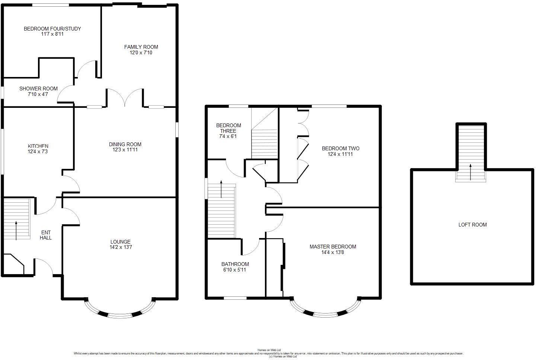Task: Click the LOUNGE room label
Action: point(120,242)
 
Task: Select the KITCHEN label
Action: point(38,146)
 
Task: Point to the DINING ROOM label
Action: point(125,144)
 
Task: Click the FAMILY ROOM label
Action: point(141,47)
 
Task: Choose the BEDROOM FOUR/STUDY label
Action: point(52,29)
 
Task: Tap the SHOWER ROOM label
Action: point(38,89)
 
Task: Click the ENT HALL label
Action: point(46,235)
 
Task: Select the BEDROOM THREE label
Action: point(229,128)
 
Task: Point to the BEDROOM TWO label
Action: point(340,148)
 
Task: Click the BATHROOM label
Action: point(235,264)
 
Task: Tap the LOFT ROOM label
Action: point(472,225)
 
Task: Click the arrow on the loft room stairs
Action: point(470,172)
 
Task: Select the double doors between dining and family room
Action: point(125,97)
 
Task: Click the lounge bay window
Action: point(120,312)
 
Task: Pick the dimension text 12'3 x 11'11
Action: point(125,150)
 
